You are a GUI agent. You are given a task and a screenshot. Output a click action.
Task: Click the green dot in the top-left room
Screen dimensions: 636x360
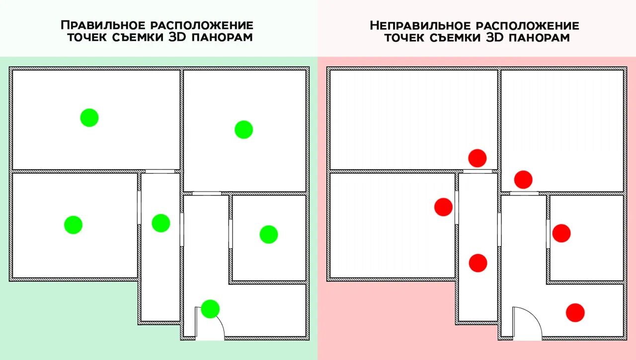[x=89, y=118]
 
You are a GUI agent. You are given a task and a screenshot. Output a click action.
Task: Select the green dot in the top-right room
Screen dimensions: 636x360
[x=244, y=130]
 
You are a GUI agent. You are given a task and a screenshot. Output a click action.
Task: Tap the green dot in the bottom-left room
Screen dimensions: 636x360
[x=73, y=225]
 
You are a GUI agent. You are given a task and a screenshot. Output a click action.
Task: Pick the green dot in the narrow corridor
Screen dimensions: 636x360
[x=160, y=223]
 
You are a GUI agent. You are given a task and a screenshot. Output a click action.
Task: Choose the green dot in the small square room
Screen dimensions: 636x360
[x=269, y=234]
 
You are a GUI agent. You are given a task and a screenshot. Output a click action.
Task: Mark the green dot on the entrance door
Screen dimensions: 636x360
[x=210, y=309]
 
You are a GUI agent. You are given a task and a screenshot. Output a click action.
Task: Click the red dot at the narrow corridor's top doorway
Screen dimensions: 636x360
[x=477, y=158]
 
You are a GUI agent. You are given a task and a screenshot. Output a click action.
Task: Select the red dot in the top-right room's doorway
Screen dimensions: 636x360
[x=523, y=180]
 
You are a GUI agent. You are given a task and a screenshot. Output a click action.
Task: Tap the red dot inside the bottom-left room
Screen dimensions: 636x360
[x=443, y=207]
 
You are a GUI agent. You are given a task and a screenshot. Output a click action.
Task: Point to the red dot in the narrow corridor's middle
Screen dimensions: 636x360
[x=478, y=263]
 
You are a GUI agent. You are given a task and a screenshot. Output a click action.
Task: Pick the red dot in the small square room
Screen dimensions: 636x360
[x=561, y=233]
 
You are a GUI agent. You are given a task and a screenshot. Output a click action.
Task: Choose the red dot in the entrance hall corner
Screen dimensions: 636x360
[x=575, y=312]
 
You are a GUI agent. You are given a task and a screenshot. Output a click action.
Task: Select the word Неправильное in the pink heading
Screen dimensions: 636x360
[x=421, y=25]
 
